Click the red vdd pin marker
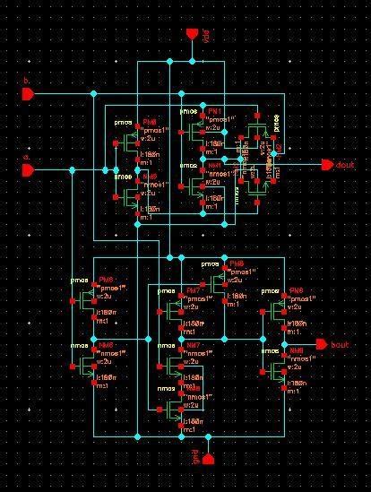(191, 34)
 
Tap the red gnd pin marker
(208, 459)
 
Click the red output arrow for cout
(326, 166)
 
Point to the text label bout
(341, 345)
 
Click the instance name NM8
(296, 343)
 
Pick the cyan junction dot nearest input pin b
(93, 92)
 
